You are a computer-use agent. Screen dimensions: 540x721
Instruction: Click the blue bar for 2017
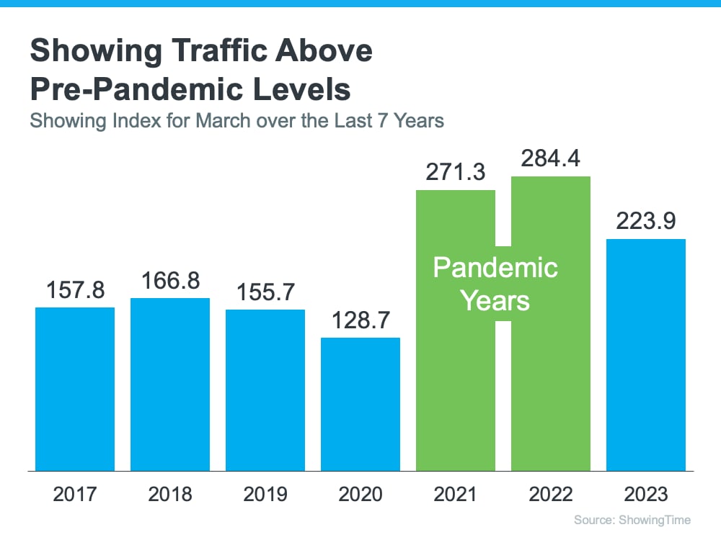tap(75, 389)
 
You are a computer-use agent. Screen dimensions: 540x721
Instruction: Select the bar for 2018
tap(170, 384)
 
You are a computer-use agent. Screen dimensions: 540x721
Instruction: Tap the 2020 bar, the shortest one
tap(360, 404)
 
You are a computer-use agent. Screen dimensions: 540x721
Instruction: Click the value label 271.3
tap(456, 172)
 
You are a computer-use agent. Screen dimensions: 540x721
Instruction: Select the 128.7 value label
tap(360, 320)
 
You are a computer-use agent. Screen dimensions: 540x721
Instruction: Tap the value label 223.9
tap(646, 221)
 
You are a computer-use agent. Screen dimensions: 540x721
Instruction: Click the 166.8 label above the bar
tap(170, 281)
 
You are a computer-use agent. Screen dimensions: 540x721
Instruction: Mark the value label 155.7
tap(265, 292)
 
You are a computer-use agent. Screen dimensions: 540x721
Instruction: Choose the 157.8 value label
tap(75, 290)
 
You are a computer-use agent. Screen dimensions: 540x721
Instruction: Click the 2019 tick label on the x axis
tap(265, 495)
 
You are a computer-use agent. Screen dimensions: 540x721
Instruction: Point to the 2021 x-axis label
tap(456, 495)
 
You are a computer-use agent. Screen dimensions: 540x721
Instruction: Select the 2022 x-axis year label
tap(551, 495)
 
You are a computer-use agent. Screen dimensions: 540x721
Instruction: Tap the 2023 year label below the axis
tap(646, 495)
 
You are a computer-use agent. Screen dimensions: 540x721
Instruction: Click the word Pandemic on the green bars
tap(495, 268)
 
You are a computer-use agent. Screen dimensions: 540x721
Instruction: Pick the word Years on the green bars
tap(495, 300)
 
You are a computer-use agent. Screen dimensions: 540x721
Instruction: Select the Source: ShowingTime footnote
tap(632, 520)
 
